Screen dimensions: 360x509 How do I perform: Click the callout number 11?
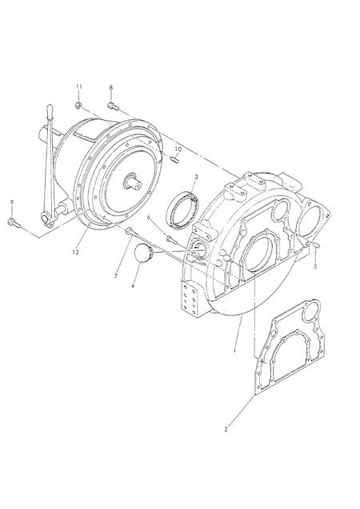point(79,86)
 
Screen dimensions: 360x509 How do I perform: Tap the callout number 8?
point(111,87)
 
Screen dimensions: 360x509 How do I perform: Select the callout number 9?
point(12,202)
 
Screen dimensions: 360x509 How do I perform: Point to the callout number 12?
point(75,252)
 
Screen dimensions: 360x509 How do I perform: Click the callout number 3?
point(196,177)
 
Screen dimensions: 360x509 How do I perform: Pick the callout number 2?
point(226,429)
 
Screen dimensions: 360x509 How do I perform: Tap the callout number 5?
point(315,267)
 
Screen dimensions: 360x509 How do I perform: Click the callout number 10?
point(178,149)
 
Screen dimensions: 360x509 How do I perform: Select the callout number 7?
point(115,276)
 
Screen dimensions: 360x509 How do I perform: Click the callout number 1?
point(234,351)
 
